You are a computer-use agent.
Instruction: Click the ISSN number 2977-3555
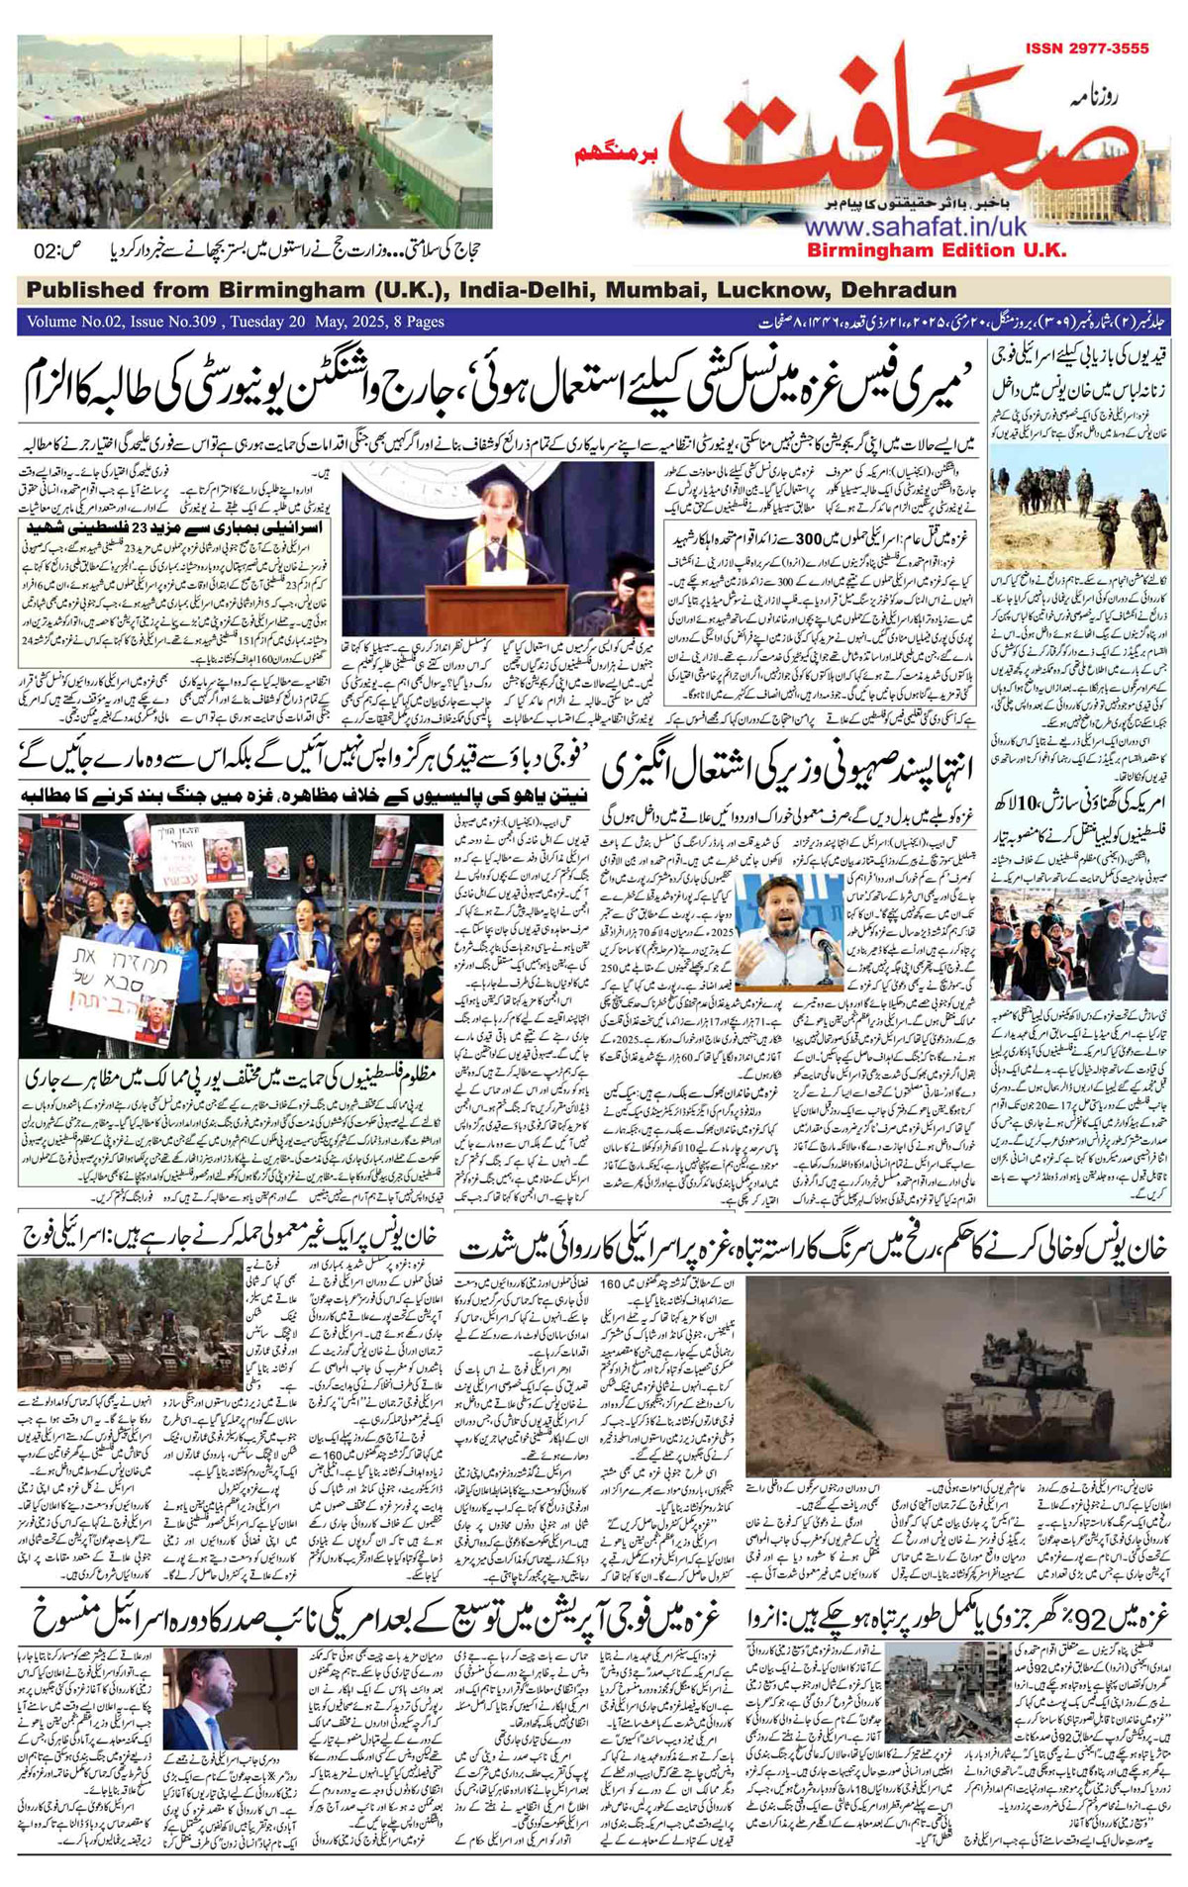coord(1086,47)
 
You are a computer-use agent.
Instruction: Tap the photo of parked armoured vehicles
coord(130,1336)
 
